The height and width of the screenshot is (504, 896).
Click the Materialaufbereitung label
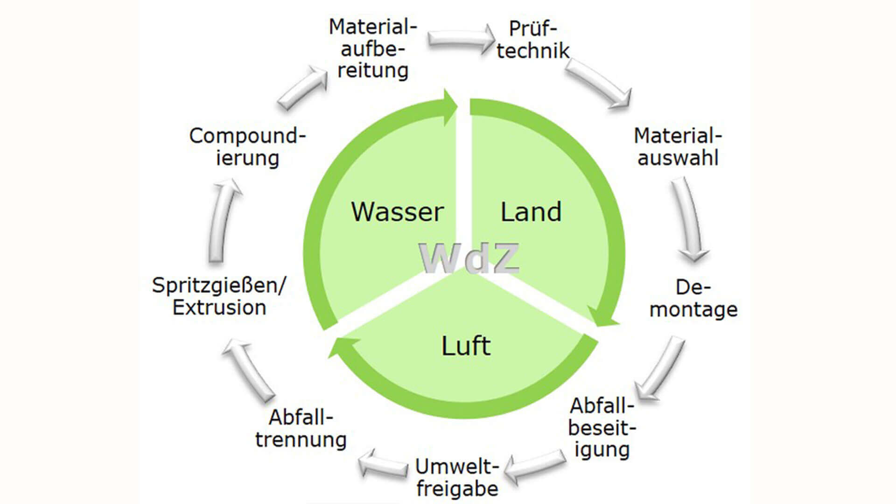372,49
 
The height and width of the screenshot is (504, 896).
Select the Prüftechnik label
532,40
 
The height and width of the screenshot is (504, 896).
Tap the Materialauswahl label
678,147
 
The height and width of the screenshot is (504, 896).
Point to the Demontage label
693,298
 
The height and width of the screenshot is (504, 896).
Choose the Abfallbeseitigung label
602,427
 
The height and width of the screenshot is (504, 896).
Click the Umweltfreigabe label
457,477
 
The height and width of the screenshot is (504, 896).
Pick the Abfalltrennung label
301,428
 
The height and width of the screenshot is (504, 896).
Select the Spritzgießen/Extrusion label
219,296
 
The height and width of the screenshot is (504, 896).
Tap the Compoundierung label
247,147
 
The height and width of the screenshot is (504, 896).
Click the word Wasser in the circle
397,212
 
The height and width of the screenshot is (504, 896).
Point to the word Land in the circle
531,212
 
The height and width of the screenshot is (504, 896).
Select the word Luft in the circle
466,346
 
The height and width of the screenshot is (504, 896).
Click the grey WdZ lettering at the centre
469,258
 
